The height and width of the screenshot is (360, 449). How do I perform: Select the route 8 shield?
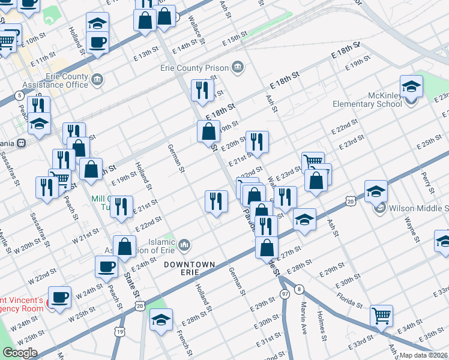299,290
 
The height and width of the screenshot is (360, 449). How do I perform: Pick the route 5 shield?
20,95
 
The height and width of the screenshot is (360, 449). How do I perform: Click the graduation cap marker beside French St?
161,319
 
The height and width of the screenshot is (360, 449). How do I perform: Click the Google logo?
20,353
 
